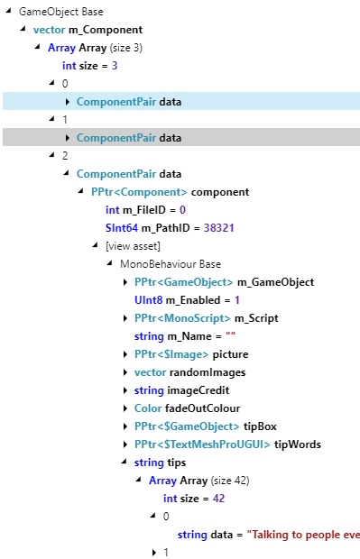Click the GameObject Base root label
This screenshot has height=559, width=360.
pos(60,13)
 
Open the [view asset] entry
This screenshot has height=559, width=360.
pos(133,246)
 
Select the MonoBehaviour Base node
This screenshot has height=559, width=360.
pos(171,264)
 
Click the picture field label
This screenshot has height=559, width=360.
pos(230,354)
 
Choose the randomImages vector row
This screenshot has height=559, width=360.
pos(188,372)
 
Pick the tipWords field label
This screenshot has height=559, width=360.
pos(297,444)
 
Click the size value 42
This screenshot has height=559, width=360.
pos(217,499)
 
